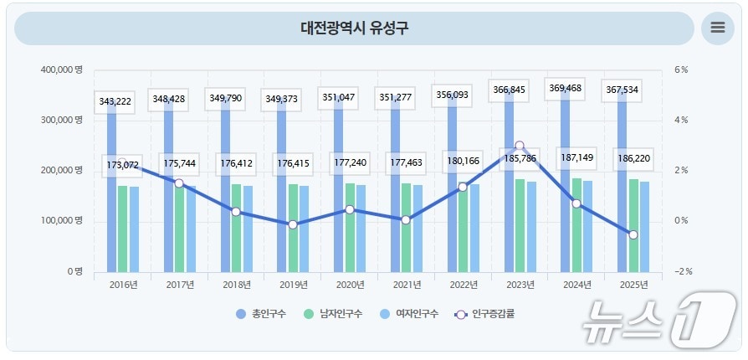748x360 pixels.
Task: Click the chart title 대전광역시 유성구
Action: pos(355,28)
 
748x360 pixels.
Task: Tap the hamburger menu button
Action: pos(717,28)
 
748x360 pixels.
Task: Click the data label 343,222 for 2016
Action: pos(112,101)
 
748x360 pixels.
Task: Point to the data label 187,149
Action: pos(576,157)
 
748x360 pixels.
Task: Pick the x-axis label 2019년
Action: pos(293,285)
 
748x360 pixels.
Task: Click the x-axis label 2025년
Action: pos(633,285)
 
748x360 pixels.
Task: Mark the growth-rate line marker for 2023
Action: pos(520,146)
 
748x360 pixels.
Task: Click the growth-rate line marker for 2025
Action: pos(633,235)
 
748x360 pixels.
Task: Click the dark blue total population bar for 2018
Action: pos(225,193)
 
